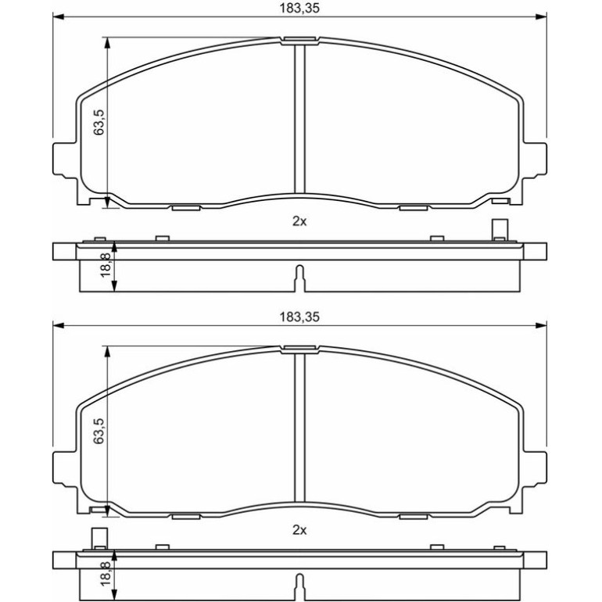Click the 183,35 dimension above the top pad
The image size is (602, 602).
(299, 8)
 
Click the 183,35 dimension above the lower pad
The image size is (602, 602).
(299, 317)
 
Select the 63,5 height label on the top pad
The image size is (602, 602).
(99, 122)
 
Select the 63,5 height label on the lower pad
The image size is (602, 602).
(99, 431)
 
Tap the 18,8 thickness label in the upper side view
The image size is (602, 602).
(106, 265)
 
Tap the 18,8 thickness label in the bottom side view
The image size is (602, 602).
(106, 574)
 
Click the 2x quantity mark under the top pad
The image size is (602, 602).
(299, 221)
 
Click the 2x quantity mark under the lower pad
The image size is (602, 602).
(299, 530)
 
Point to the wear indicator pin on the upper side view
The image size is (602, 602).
(500, 230)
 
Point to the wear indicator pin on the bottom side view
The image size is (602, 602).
(99, 539)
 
